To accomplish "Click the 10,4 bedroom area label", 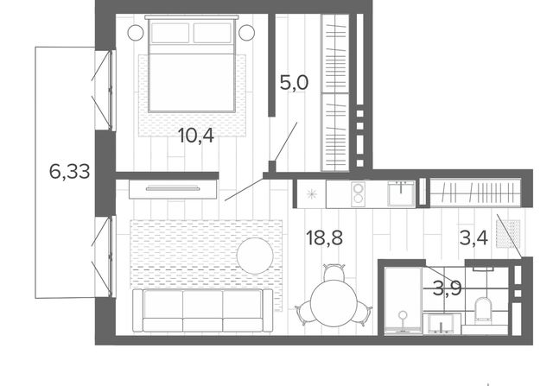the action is coord(196,136).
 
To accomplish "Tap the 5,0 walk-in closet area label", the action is coord(294,83).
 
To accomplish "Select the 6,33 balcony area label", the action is coord(69,172).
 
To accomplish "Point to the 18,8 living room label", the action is coord(325,238).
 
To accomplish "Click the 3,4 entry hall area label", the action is coord(474,238).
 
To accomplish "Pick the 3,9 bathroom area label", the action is coord(448,289).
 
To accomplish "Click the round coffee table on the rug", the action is coord(255,256).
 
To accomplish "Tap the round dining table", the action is coord(332,303).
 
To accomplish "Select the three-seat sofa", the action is coord(202,311).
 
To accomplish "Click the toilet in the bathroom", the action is coord(483,309).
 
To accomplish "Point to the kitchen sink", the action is coord(401,193).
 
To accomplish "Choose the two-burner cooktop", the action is coord(358,193).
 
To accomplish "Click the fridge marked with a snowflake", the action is coord(311,193).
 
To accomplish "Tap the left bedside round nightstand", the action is coord(136,33).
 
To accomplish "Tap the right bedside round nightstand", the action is coord(246,33).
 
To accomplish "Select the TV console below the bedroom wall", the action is coord(173,189).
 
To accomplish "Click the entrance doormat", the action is coord(508,234).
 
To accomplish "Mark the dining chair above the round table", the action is coord(334,272).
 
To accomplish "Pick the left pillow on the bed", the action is coord(170,33).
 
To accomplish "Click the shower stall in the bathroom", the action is coord(403,301).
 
